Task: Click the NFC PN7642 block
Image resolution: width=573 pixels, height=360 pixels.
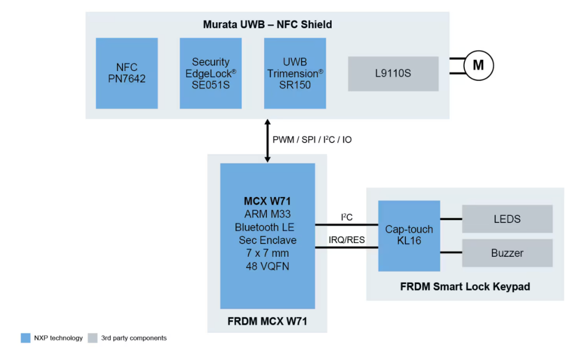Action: pos(126,73)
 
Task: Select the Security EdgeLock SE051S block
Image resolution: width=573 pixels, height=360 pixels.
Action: pos(211,73)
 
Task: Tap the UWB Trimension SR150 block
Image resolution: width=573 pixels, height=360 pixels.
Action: pos(295,73)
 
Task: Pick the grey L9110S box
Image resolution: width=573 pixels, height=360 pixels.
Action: pos(393,73)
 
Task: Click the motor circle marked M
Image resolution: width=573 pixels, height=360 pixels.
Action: pos(478,65)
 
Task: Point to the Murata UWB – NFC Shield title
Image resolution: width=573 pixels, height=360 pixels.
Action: pos(267,24)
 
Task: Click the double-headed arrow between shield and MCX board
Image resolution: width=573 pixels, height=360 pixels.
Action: pos(267,140)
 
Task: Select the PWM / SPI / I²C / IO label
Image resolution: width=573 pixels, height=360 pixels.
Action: pos(312,140)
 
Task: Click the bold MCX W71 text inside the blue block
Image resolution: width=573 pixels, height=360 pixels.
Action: pos(267,201)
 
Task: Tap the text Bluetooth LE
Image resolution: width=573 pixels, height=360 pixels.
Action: pos(267,227)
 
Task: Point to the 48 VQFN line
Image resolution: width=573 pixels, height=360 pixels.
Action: pos(267,266)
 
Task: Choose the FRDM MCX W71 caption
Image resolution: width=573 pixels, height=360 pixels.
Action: pos(267,321)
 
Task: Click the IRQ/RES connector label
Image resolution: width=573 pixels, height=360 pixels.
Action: pos(346,240)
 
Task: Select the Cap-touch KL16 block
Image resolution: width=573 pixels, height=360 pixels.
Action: pos(409,236)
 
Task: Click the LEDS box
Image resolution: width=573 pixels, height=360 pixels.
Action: pos(507,219)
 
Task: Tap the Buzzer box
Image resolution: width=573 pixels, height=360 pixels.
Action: pos(507,253)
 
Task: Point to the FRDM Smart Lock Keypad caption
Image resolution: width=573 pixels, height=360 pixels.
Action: pos(465,287)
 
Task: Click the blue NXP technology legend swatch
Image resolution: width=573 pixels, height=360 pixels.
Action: pos(26,338)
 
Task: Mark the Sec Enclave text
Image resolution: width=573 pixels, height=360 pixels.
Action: pos(267,240)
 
